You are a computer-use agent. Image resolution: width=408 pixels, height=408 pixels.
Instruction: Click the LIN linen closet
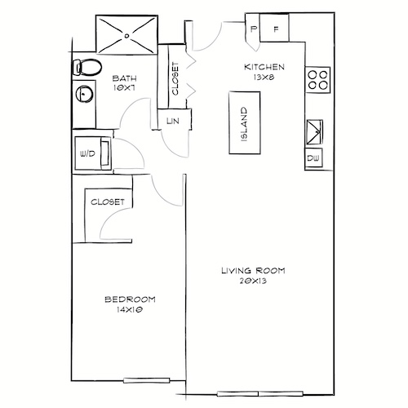pyautogui.click(x=172, y=121)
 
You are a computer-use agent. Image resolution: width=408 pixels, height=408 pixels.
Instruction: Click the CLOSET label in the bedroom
pyautogui.click(x=107, y=201)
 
